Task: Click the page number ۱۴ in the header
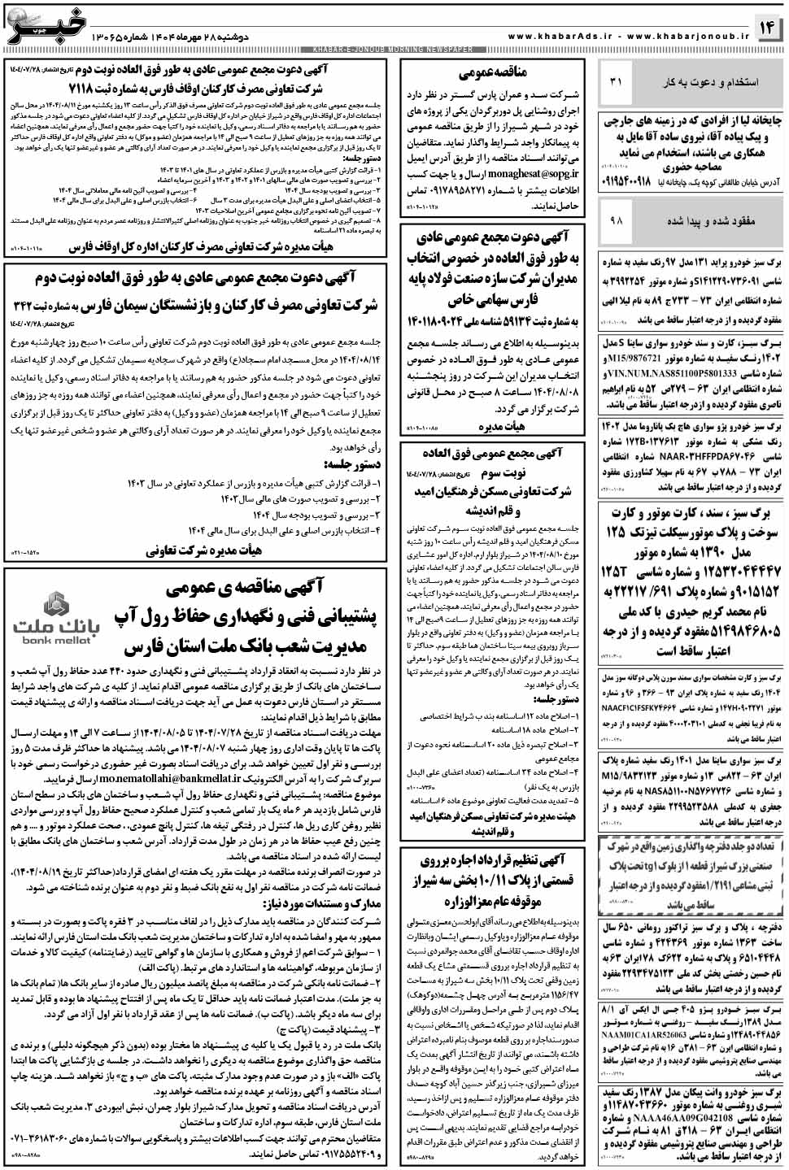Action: [769, 28]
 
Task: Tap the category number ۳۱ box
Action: [615, 82]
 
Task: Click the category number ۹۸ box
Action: [615, 220]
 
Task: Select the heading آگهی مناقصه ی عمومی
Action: [244, 587]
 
